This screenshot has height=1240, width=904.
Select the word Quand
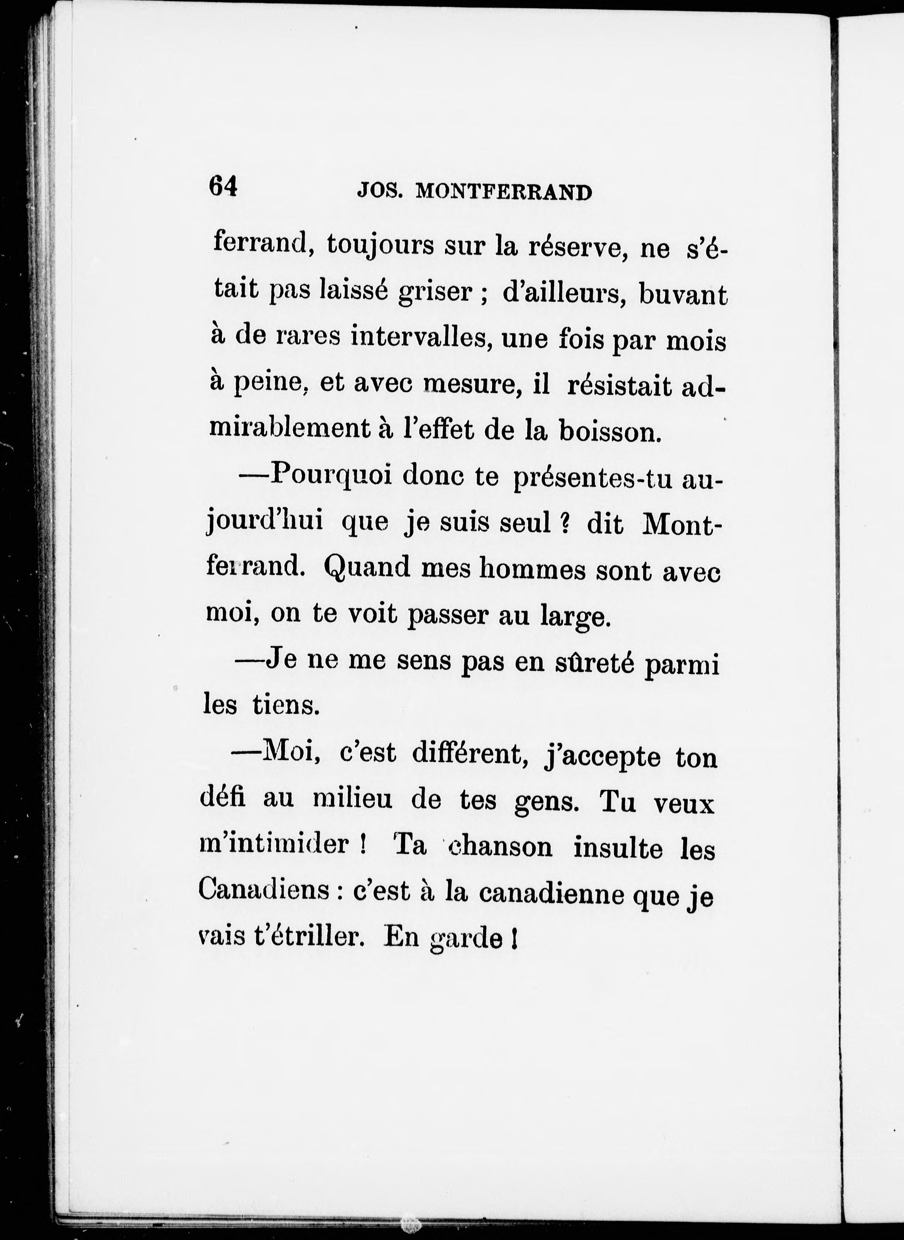[367, 569]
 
